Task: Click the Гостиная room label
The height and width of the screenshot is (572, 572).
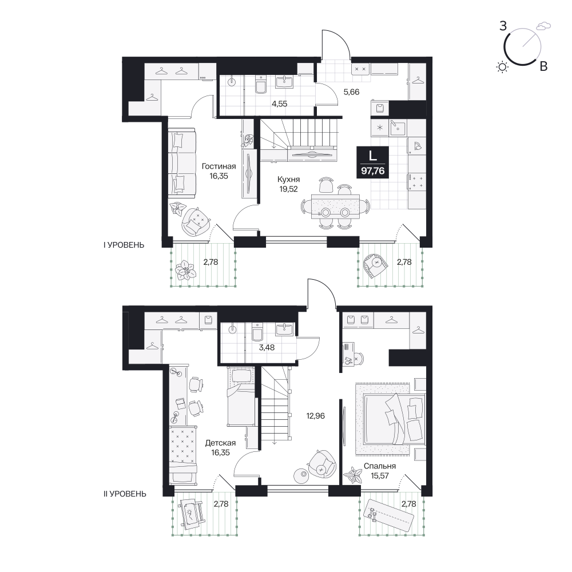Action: [x=219, y=166]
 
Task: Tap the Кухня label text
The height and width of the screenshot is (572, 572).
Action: [x=288, y=180]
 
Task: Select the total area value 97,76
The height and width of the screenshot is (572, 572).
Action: [x=373, y=170]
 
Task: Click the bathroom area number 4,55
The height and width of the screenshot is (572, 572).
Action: [x=280, y=104]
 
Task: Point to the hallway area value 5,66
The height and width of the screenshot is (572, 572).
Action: [x=352, y=92]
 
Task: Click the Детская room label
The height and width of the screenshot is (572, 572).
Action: [x=220, y=443]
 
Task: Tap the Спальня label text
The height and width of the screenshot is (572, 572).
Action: [x=380, y=466]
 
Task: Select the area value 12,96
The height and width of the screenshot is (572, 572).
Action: [x=316, y=416]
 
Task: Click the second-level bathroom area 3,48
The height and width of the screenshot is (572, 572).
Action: [x=267, y=348]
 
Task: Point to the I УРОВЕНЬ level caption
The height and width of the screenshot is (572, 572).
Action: [x=124, y=245]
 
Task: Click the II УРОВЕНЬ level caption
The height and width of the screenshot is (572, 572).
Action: [x=125, y=494]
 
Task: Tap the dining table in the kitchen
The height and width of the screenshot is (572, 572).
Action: [x=335, y=206]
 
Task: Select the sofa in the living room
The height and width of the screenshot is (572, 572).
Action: [x=182, y=163]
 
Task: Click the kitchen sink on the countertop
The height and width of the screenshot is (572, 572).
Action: [x=398, y=128]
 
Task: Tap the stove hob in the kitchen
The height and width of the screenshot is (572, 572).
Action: [x=416, y=182]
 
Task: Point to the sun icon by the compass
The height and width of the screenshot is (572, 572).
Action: [x=502, y=67]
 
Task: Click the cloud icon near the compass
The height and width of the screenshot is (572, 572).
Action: [x=543, y=26]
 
